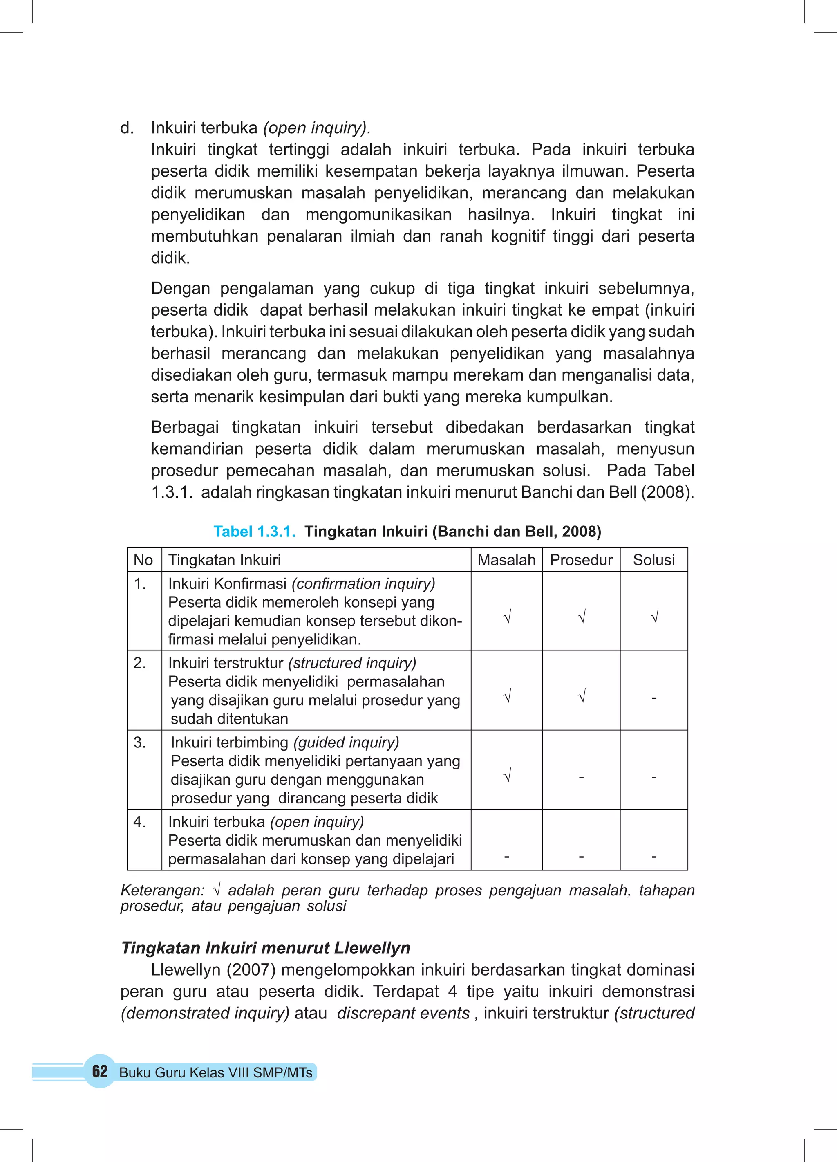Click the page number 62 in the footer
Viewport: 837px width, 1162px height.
[100, 1071]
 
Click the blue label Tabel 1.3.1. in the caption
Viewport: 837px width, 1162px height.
[255, 531]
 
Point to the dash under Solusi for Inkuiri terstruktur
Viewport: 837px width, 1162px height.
[653, 698]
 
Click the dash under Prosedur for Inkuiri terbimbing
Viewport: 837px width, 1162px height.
[581, 777]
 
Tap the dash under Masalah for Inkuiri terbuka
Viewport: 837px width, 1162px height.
[506, 856]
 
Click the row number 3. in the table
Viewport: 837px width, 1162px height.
[139, 743]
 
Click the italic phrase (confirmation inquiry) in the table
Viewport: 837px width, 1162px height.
[363, 583]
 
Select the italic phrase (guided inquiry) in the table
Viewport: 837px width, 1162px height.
[346, 743]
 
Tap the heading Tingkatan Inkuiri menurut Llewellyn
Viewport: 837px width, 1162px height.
[265, 948]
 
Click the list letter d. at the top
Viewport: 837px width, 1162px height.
[127, 128]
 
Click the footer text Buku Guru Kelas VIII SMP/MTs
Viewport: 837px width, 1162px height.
[216, 1072]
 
